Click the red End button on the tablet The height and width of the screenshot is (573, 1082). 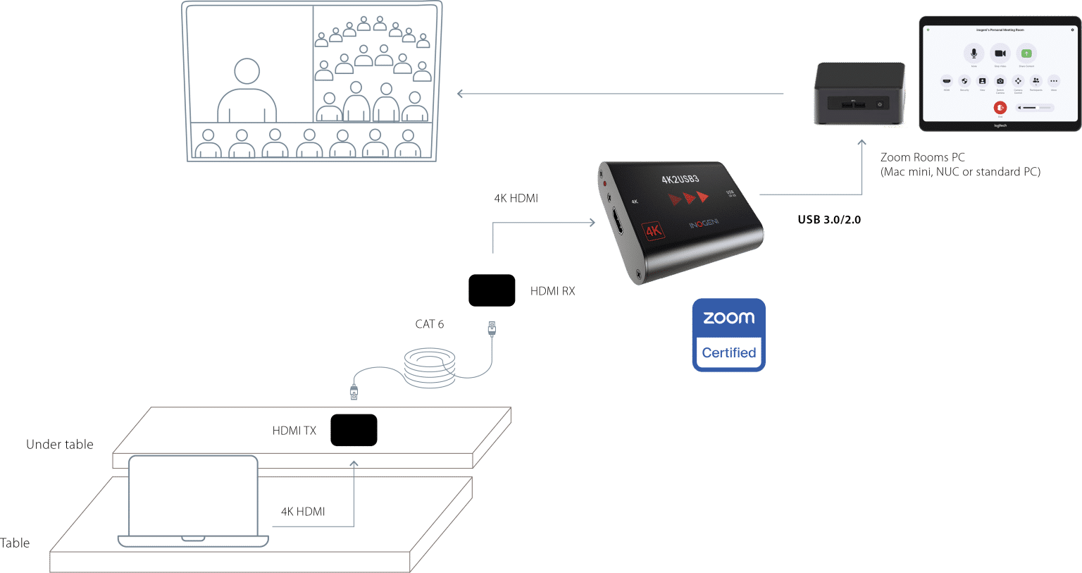(x=1000, y=107)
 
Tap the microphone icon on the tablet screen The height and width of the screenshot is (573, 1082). (x=974, y=54)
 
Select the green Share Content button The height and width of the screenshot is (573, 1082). (x=1026, y=54)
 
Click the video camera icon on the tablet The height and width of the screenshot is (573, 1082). (x=1000, y=54)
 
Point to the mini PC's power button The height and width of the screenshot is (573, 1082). (x=880, y=104)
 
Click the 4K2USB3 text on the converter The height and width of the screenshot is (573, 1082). (x=680, y=179)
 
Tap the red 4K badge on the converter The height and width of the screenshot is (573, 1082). (x=653, y=230)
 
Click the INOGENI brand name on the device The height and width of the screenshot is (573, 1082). (x=703, y=224)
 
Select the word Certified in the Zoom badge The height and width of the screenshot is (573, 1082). (x=728, y=352)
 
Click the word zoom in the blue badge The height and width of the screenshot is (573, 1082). (x=728, y=318)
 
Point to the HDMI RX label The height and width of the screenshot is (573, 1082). (x=552, y=290)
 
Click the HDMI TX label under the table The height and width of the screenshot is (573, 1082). (x=294, y=431)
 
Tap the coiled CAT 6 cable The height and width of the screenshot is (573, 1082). (x=430, y=367)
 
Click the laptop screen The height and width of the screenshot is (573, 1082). (x=192, y=495)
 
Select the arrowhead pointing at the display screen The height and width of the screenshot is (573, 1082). (x=460, y=93)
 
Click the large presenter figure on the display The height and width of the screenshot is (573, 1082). (x=247, y=92)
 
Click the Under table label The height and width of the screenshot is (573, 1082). (x=60, y=444)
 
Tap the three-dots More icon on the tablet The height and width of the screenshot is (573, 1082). (x=1054, y=81)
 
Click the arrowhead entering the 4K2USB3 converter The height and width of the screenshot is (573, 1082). (x=591, y=223)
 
